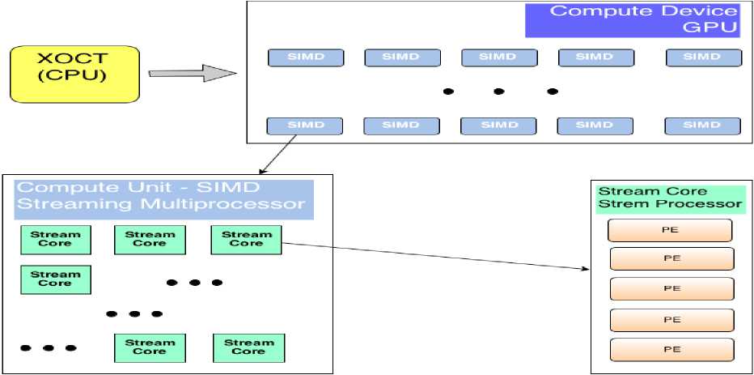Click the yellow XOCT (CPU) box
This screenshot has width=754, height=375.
74,75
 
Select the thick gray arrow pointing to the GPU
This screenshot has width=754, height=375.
193,73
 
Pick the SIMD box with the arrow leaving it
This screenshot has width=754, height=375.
304,126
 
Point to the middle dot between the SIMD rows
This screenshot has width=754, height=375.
498,91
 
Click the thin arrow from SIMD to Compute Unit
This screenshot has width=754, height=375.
277,154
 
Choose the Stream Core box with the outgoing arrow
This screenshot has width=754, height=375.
246,239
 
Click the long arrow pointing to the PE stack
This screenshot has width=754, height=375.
436,256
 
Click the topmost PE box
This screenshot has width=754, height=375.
670,230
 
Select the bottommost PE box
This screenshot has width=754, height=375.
671,350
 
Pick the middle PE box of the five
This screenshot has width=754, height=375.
671,289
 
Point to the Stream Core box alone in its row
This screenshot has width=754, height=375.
55,279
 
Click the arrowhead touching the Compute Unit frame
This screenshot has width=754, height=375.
261,172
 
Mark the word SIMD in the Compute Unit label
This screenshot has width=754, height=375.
235,187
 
